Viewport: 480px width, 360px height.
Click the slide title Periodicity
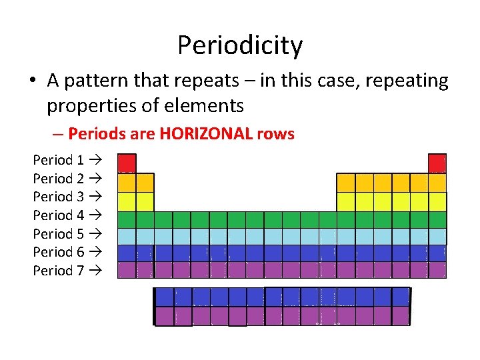[x=240, y=45]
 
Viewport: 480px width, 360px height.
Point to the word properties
[x=89, y=105]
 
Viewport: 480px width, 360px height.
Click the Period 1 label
[x=59, y=160]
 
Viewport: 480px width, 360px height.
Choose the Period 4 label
[x=59, y=215]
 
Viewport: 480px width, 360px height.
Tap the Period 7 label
[x=59, y=271]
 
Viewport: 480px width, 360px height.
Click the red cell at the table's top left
[x=127, y=163]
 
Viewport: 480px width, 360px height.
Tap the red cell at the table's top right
[x=437, y=163]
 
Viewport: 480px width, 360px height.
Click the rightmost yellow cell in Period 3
[x=437, y=201]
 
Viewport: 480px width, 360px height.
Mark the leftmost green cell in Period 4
[x=127, y=219]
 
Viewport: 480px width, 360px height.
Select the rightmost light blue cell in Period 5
[x=437, y=236]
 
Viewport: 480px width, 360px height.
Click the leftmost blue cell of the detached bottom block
[x=164, y=297]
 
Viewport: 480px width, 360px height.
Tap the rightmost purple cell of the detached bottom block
[x=400, y=316]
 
